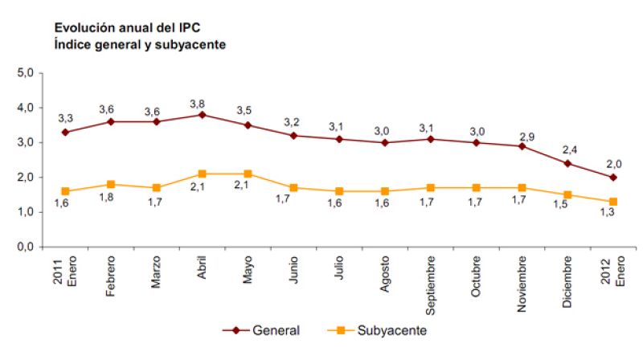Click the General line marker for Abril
click(203, 115)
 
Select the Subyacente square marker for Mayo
click(248, 174)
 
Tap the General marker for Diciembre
click(567, 163)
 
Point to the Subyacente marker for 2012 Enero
click(613, 202)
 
